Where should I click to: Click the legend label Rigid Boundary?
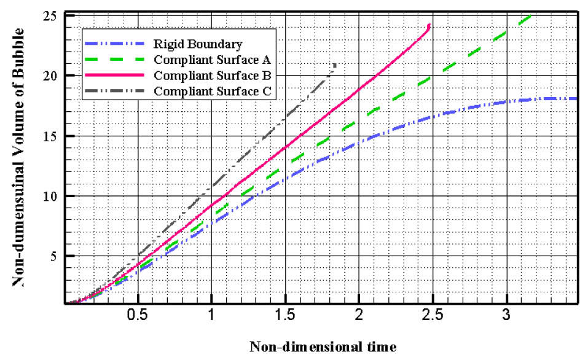coord(198,44)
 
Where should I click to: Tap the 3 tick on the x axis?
coord(506,316)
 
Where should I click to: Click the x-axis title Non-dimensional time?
coord(322,346)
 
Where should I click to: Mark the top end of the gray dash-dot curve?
coord(335,64)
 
